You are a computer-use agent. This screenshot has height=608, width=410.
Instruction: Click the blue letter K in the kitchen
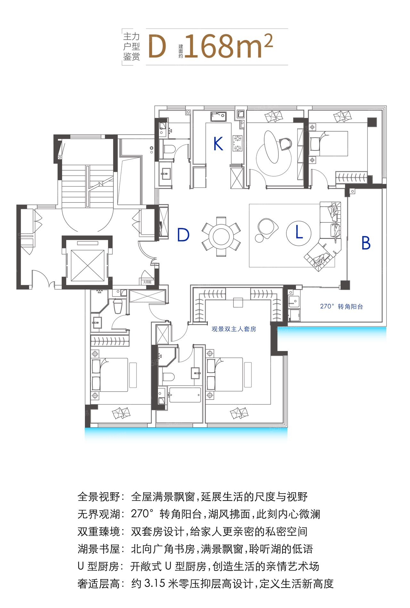click(218, 144)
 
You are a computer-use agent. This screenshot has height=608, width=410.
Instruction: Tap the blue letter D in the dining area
click(183, 235)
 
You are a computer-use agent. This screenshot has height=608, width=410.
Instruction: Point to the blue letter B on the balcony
click(366, 243)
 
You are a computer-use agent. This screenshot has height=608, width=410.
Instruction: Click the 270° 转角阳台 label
click(341, 306)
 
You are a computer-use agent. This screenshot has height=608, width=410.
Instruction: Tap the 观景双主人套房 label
click(234, 329)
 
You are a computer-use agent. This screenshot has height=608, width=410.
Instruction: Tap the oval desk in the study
click(271, 147)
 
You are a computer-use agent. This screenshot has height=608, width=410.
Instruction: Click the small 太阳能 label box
click(147, 282)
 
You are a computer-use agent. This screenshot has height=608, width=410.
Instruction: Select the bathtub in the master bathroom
click(185, 395)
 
